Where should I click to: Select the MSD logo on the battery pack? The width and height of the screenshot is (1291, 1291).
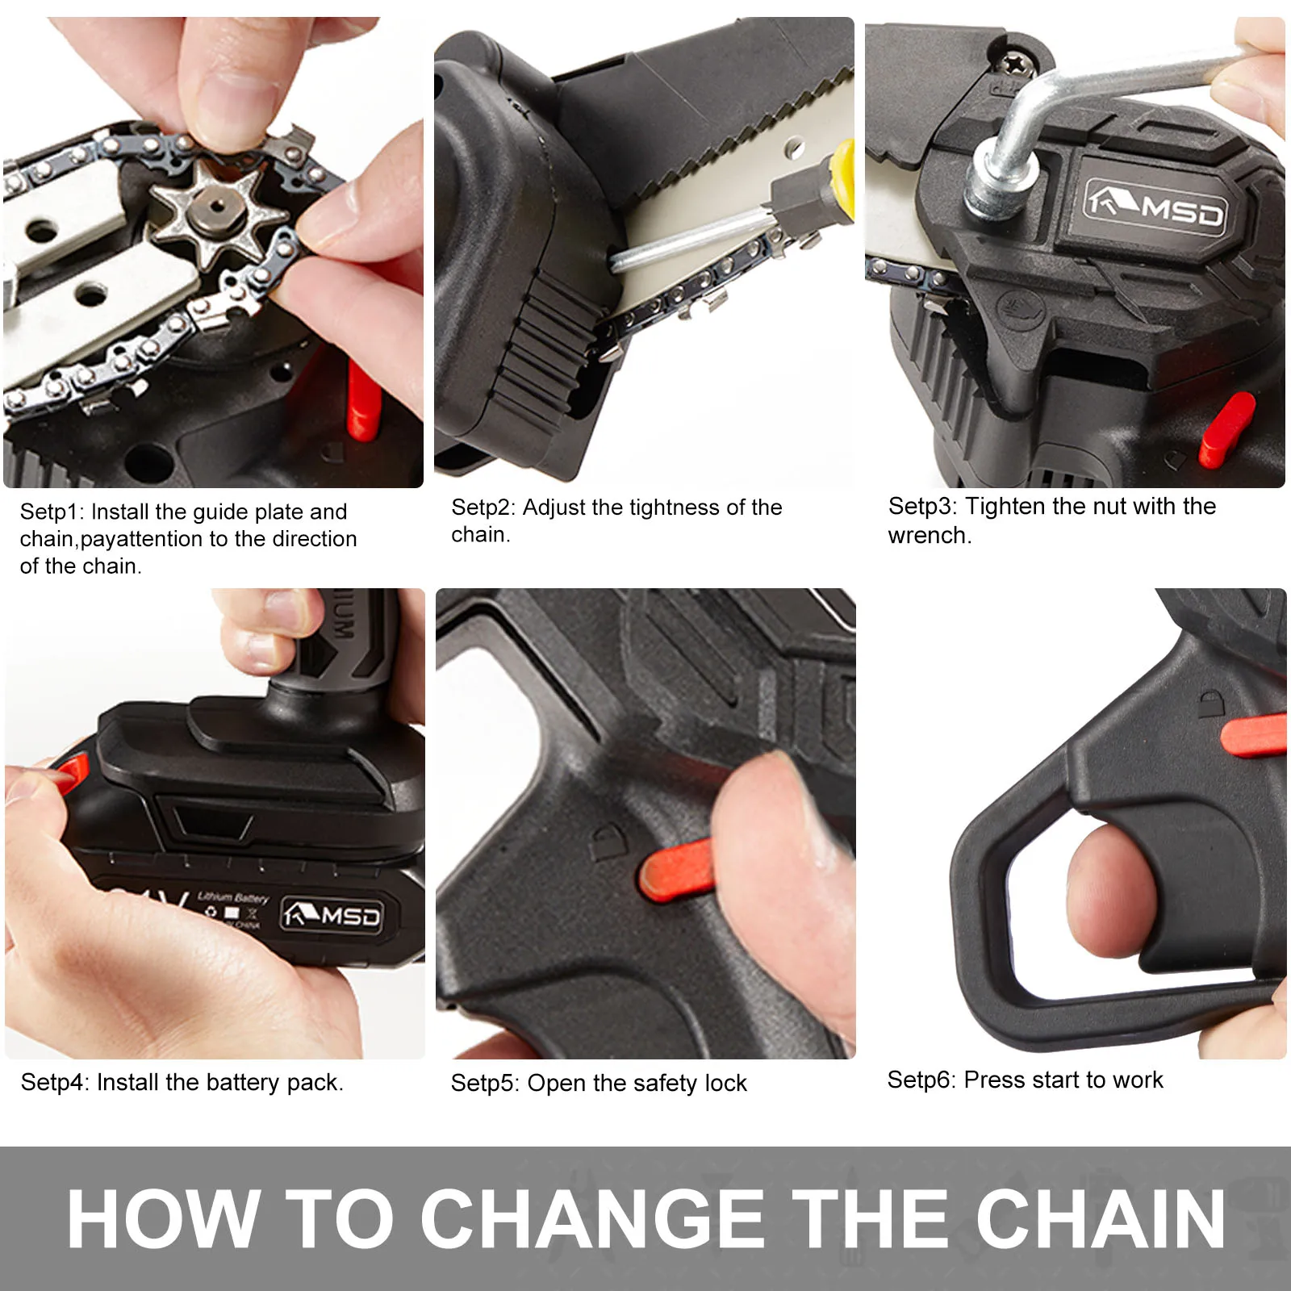(331, 916)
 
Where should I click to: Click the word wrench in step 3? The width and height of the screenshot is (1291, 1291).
(927, 536)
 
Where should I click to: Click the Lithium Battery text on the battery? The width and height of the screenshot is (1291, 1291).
(232, 897)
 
